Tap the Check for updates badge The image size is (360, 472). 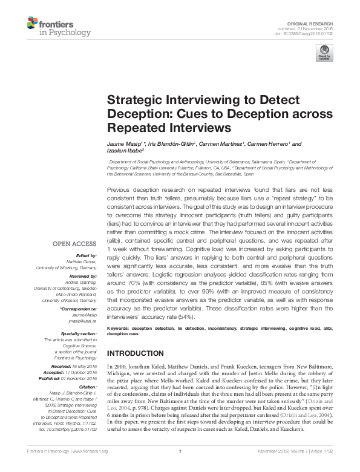coord(325,52)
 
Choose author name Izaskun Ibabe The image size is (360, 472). coord(123,151)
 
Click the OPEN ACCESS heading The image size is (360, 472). coord(74,243)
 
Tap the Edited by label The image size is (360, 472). coord(86,255)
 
